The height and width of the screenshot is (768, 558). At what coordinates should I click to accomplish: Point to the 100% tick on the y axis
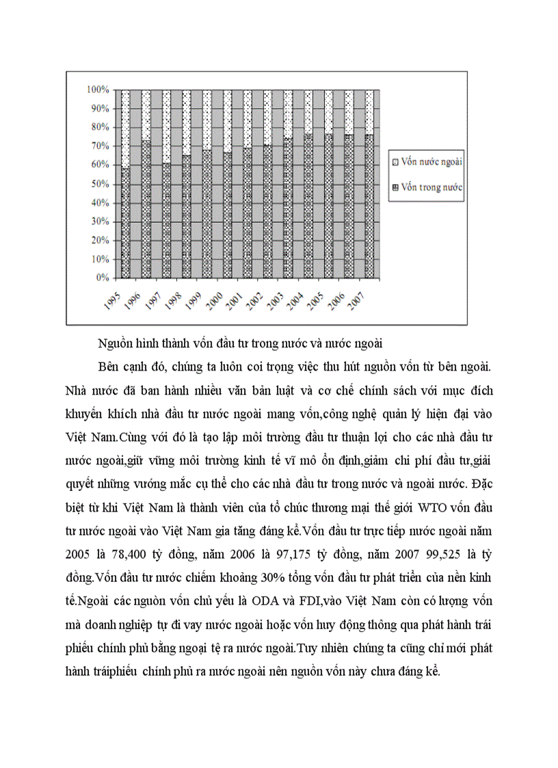coord(98,90)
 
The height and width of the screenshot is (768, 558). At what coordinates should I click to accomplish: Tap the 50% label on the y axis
coord(100,184)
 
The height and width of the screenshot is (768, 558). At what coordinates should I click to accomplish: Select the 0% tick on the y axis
coord(102,278)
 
